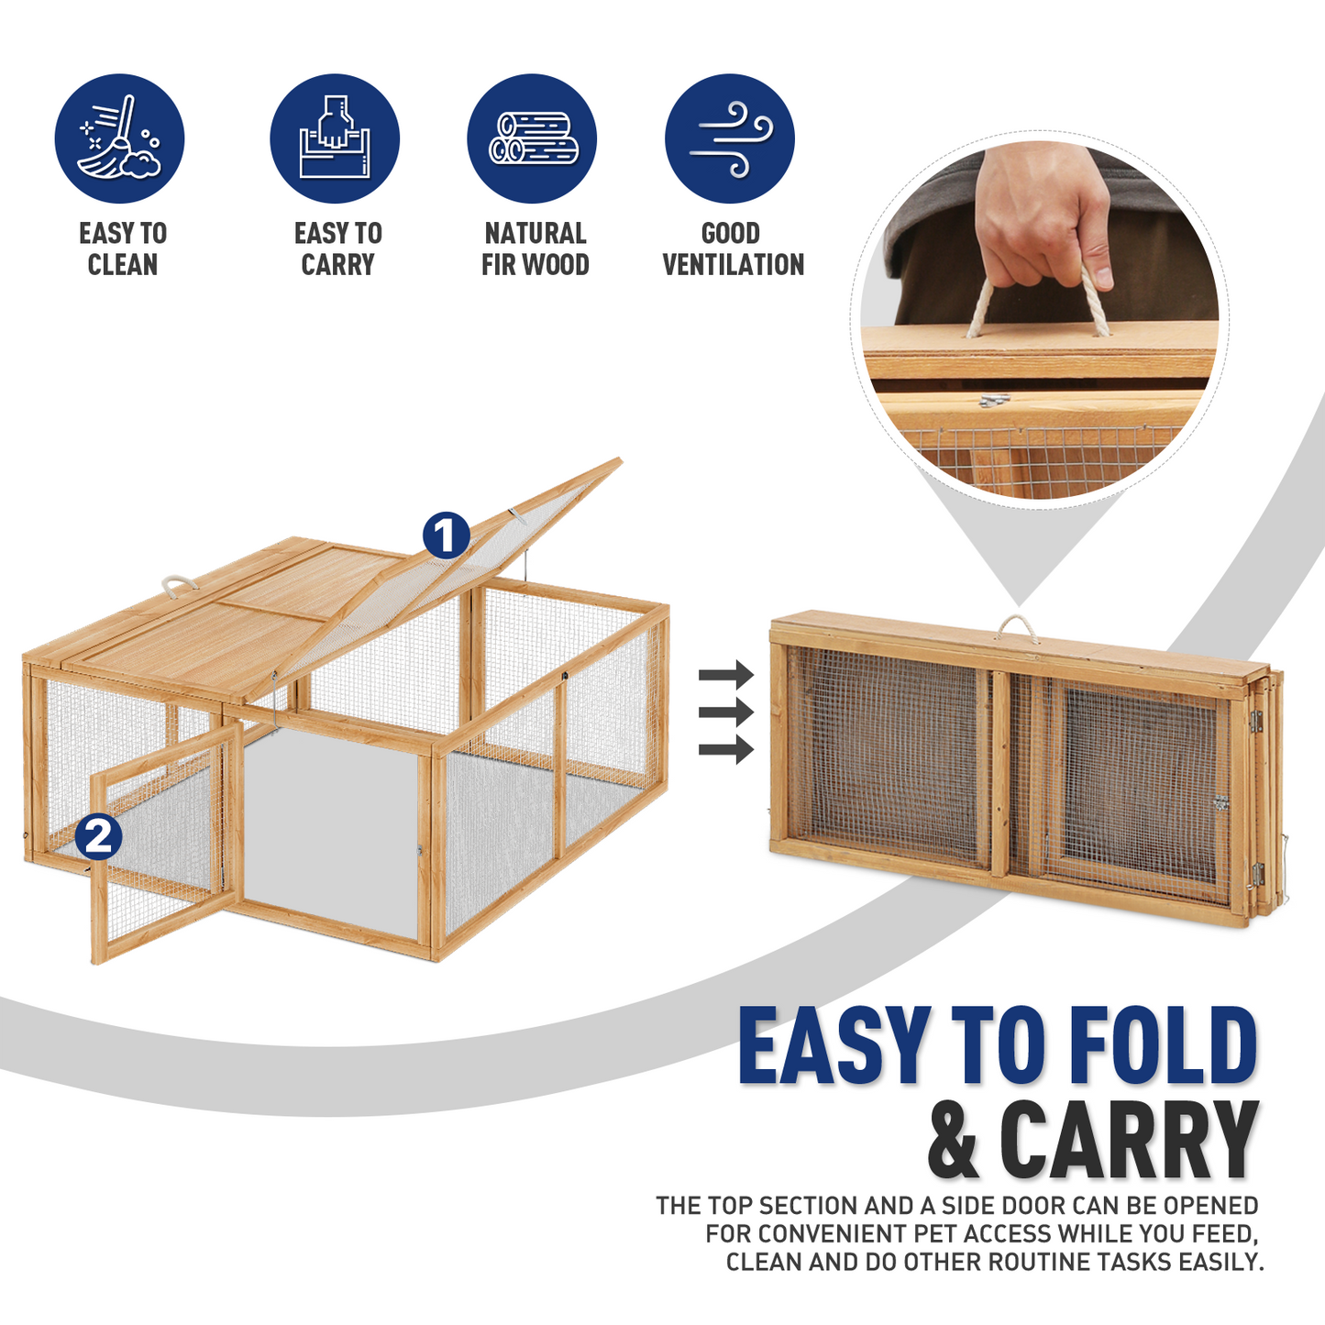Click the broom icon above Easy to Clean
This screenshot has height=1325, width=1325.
click(119, 138)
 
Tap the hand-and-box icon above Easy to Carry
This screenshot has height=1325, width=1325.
click(335, 138)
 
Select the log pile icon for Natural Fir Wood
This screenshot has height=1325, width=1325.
click(532, 138)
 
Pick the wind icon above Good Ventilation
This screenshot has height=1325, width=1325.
click(730, 138)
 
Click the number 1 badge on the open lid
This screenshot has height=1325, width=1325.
click(446, 536)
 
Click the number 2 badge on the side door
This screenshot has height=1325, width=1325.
click(98, 836)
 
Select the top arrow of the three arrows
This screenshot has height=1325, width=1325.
click(725, 676)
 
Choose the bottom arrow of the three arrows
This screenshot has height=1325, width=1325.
click(725, 750)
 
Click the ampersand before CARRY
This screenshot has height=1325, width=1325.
click(955, 1141)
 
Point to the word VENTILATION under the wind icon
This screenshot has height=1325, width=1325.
click(733, 265)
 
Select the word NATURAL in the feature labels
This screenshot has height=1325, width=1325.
click(536, 233)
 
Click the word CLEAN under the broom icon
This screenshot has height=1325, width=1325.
click(123, 265)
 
